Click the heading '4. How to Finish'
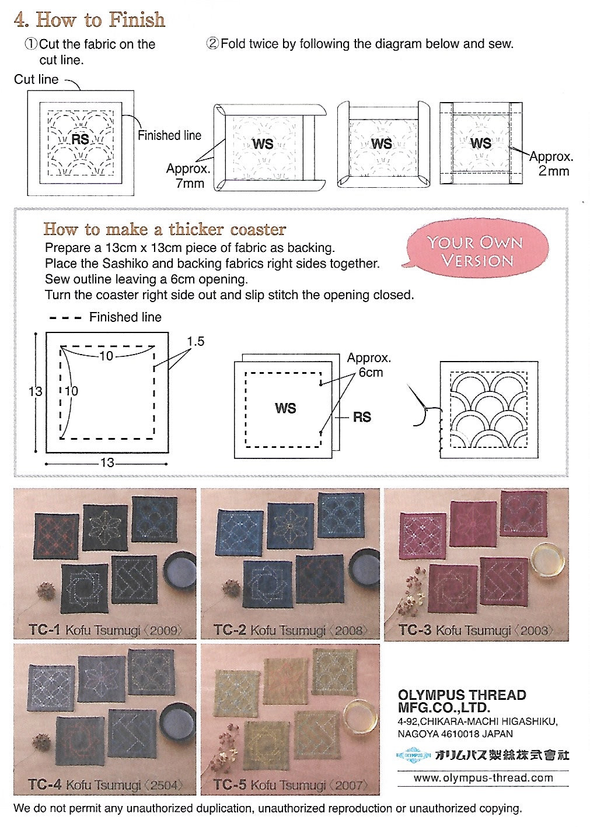tap(89, 20)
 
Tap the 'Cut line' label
tap(36, 79)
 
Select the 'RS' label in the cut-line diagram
tap(81, 139)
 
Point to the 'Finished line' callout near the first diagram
tap(169, 135)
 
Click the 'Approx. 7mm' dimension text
tap(188, 176)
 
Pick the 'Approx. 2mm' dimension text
tap(551, 164)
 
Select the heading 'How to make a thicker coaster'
tap(165, 229)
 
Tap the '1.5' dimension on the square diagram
tap(195, 342)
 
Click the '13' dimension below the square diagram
tap(107, 462)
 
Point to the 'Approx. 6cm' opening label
tap(369, 365)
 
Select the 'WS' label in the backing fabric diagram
tap(285, 408)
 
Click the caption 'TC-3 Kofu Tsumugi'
tap(474, 630)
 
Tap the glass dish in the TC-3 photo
tap(547, 560)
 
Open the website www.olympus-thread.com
tap(483, 778)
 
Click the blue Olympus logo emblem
tap(413, 755)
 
